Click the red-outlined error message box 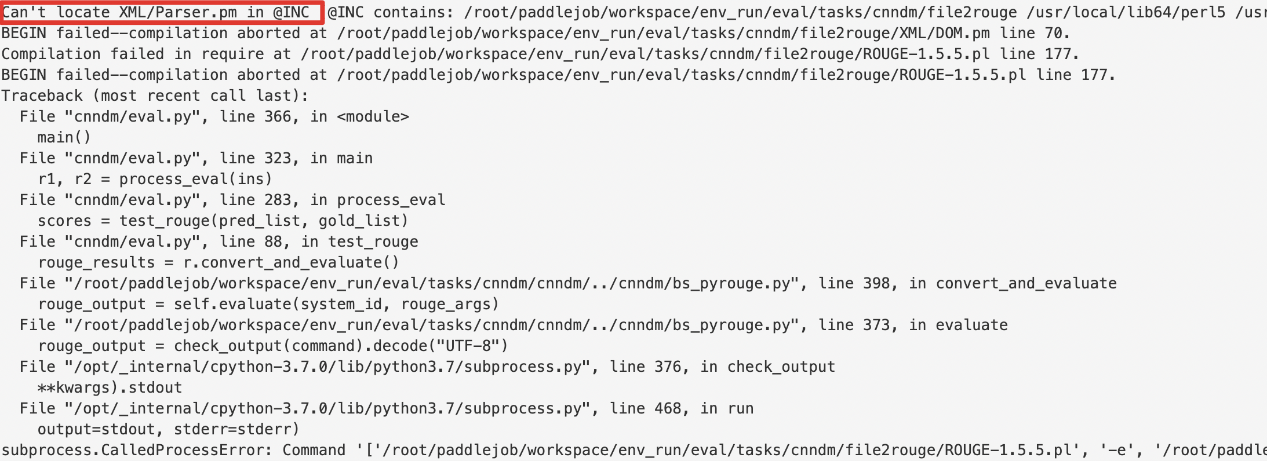[x=162, y=12]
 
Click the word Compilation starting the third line [x=51, y=54]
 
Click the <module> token [x=373, y=116]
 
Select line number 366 [x=278, y=116]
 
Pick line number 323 [x=278, y=158]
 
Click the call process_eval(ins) [x=195, y=179]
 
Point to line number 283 [x=278, y=200]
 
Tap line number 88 [x=273, y=242]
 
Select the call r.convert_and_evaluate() [x=291, y=262]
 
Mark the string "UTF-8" [x=468, y=346]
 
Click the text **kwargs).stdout [x=110, y=387]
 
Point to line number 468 [x=668, y=408]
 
